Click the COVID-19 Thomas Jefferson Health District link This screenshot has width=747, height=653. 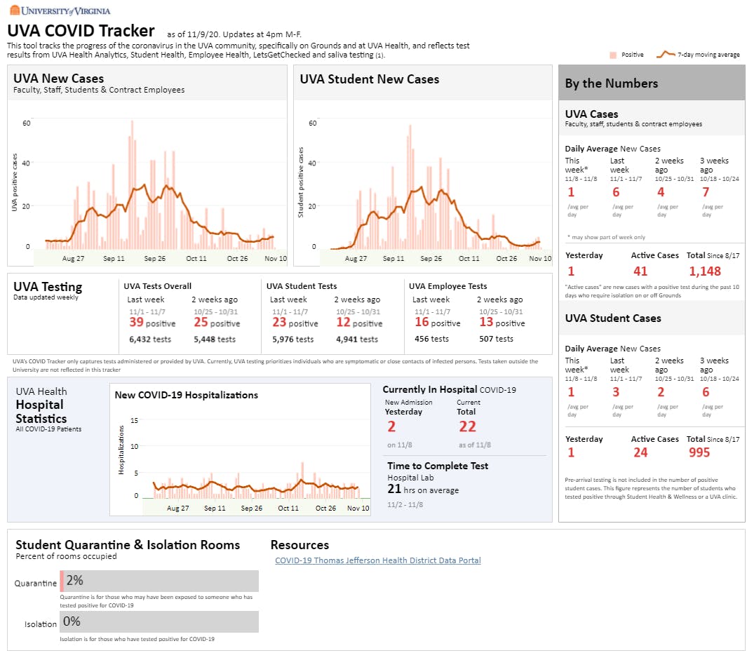[377, 560]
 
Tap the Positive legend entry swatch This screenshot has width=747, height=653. [612, 54]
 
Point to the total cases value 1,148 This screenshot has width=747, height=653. [705, 271]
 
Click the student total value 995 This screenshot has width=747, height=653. [699, 453]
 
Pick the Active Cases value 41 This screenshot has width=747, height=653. [640, 271]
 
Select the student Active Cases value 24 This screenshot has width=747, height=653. [640, 453]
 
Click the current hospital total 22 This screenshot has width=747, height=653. [467, 427]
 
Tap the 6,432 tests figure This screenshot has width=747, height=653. [150, 339]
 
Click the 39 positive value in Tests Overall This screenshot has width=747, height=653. [136, 323]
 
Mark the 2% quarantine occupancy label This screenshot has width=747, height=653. [74, 581]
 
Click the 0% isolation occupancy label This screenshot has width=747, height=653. [72, 621]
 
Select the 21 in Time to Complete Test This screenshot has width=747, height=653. [394, 490]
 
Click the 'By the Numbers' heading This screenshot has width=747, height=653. [611, 83]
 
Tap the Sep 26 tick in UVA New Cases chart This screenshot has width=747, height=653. [154, 259]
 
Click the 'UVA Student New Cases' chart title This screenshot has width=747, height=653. [369, 79]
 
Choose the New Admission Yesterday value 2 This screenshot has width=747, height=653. [391, 427]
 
